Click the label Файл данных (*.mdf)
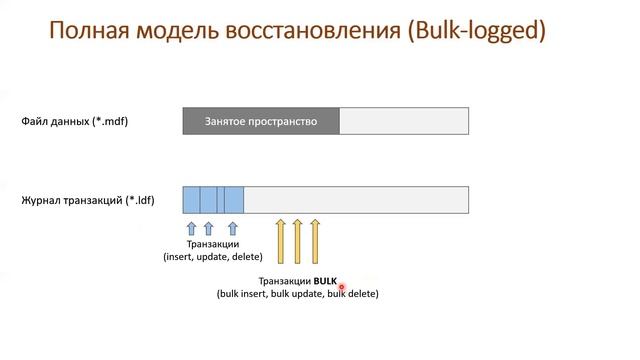coord(75,122)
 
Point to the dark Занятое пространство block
coord(261,121)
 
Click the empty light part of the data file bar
coord(404,121)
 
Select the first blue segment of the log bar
coord(192,199)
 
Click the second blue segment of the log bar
coord(209,199)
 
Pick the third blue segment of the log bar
coord(233,199)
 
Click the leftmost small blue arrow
coord(192,229)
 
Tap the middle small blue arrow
coord(209,229)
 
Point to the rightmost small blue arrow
coord(232,229)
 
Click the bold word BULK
coord(325,282)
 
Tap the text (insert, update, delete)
coord(213,256)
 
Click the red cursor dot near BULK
coord(342,287)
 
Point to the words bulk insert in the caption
coord(244,294)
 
